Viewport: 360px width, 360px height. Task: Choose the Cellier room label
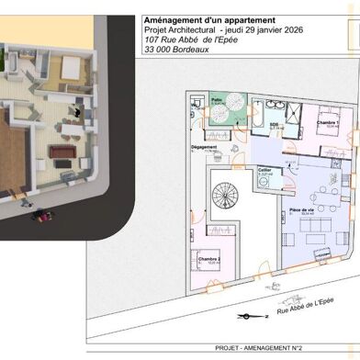point(264,170)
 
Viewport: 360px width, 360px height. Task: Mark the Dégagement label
point(204,147)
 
